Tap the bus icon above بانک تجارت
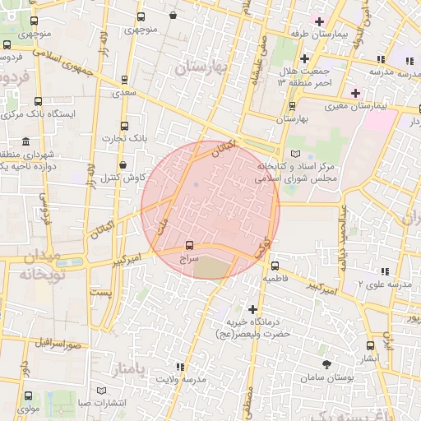click(x=124, y=126)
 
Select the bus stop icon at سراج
click(x=190, y=245)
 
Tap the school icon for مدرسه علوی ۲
click(x=384, y=271)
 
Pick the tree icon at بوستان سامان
click(x=327, y=363)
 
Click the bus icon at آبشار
click(x=371, y=345)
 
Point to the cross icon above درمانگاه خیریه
click(x=252, y=309)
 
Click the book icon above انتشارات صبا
click(x=103, y=391)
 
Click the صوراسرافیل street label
click(x=60, y=343)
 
